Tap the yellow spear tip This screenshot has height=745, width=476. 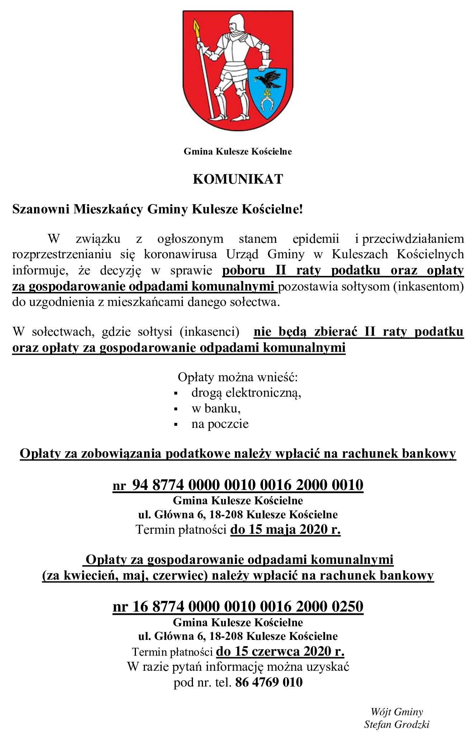196,27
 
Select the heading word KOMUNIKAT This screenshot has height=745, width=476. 238,179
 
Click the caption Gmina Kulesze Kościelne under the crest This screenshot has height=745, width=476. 238,152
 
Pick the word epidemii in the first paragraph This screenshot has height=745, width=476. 316,239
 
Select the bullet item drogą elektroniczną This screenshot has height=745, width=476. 246,393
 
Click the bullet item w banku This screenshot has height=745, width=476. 216,409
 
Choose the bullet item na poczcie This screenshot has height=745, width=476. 220,424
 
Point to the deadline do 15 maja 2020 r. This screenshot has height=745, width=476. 285,529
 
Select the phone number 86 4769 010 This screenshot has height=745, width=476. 269,682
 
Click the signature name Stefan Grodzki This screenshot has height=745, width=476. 397,724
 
